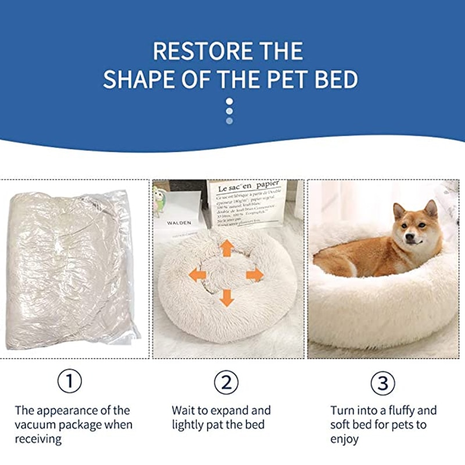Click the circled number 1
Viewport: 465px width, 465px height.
click(x=70, y=382)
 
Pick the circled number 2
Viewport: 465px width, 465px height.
click(x=227, y=382)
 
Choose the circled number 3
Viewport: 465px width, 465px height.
click(x=382, y=383)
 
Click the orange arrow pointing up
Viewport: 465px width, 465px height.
click(x=227, y=248)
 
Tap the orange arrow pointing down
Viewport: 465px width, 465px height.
click(x=227, y=298)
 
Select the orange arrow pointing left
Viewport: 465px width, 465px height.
click(x=198, y=274)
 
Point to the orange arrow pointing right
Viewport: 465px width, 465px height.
click(x=255, y=274)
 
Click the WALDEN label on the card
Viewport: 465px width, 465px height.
click(x=179, y=223)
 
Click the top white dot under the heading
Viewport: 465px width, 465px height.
click(x=229, y=101)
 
